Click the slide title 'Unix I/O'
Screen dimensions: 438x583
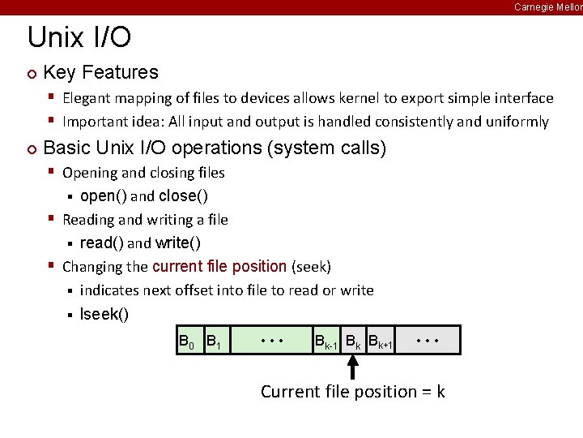(79, 37)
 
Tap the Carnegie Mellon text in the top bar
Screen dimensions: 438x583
(547, 6)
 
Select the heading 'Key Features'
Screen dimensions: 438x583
(100, 72)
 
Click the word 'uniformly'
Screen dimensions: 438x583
(517, 122)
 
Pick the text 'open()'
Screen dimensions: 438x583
(103, 195)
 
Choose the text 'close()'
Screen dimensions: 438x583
(183, 195)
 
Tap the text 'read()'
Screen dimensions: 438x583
(102, 243)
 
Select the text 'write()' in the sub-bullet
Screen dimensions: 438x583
(178, 243)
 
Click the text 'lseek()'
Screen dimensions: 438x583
(104, 314)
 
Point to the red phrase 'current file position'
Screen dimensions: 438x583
(219, 266)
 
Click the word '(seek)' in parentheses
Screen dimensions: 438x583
(311, 266)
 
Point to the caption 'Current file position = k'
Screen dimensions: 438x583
(352, 392)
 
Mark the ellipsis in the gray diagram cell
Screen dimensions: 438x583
(427, 341)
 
